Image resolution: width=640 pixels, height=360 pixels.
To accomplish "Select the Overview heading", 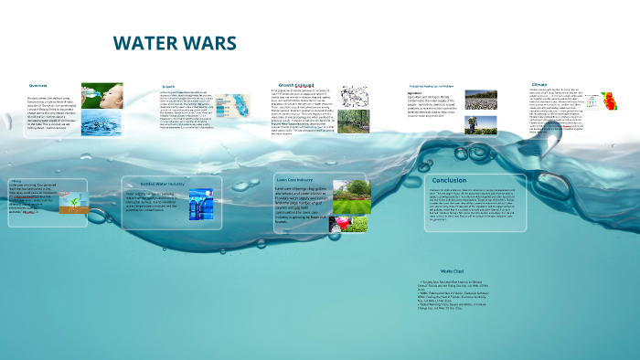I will pos(37,85).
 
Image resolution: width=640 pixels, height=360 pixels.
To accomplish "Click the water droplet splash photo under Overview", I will pos(95,123).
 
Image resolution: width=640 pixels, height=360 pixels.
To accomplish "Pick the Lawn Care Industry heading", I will pos(297,180).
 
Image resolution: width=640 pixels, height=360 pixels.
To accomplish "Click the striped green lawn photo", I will pos(351,197).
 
